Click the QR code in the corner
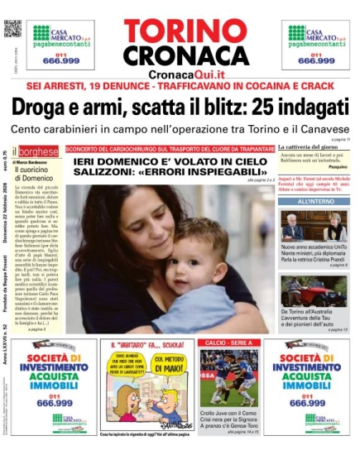tap(12, 28)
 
